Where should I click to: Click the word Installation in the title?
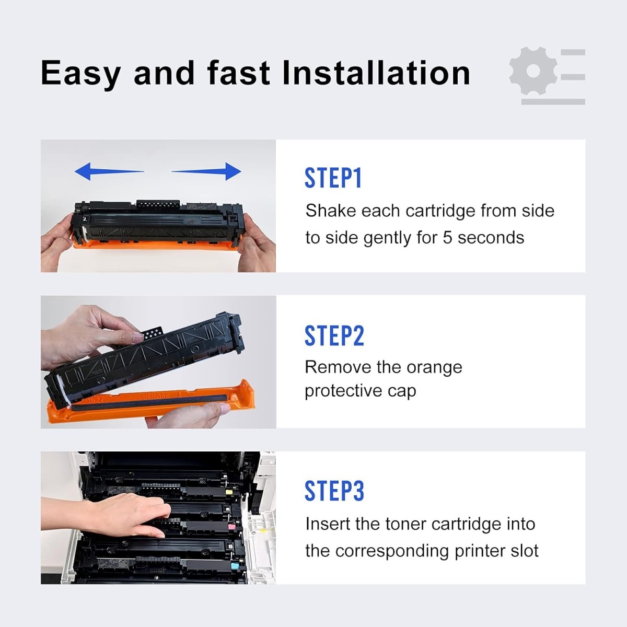tap(376, 73)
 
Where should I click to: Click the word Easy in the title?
tap(80, 73)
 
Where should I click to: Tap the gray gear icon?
tap(533, 72)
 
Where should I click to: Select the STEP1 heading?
tap(333, 178)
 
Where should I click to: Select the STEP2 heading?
tap(334, 335)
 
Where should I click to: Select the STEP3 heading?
tap(334, 491)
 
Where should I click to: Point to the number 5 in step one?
tap(447, 238)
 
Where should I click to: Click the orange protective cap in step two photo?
tap(157, 405)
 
